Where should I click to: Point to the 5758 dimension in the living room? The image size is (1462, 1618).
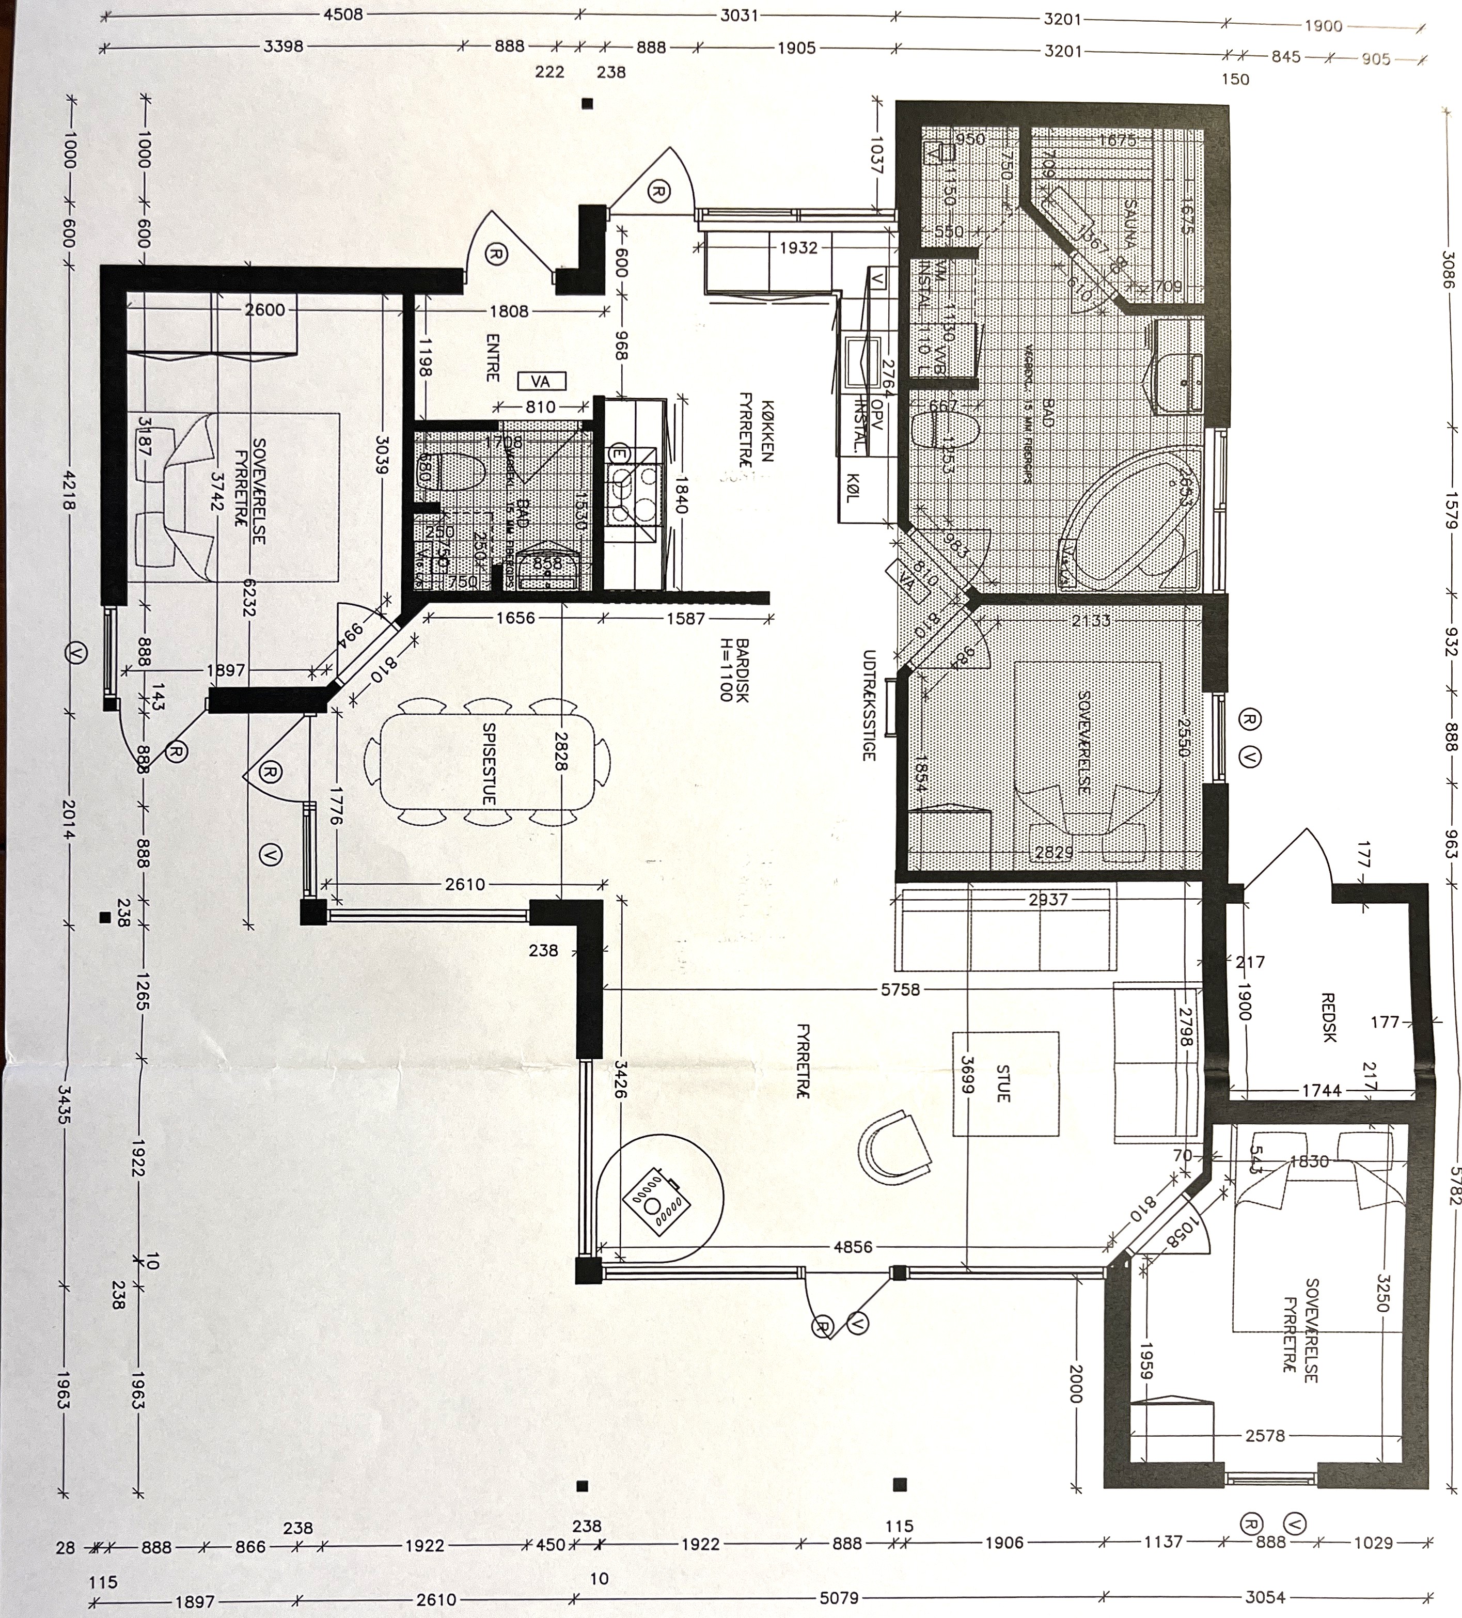tap(900, 989)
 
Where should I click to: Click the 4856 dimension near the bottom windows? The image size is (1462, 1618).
tap(852, 1247)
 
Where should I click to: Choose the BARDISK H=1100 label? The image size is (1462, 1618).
tap(734, 670)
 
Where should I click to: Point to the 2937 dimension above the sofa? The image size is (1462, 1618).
tap(1048, 900)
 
